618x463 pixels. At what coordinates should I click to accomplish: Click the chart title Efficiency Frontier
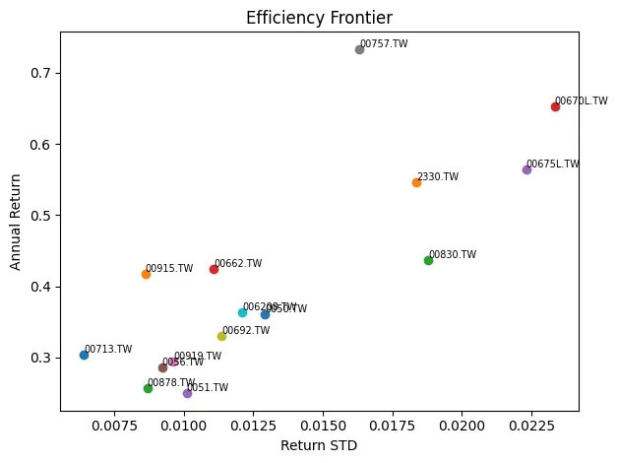(x=318, y=18)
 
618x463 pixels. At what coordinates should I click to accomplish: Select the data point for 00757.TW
(x=359, y=49)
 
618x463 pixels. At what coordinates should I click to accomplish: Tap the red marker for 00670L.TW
(x=555, y=106)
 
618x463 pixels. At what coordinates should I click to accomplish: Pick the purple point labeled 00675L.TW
(x=526, y=169)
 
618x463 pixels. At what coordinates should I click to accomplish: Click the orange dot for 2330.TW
(x=416, y=182)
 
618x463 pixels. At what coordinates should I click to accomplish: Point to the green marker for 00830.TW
(x=428, y=260)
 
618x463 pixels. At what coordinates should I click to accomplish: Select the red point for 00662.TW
(x=214, y=269)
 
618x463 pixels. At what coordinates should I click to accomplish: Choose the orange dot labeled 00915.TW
(x=146, y=274)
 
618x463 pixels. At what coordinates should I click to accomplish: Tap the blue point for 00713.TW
(x=84, y=355)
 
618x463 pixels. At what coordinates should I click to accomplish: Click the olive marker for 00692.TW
(x=221, y=336)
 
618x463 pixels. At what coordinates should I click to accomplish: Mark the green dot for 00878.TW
(x=148, y=388)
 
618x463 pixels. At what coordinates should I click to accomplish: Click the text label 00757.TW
(x=384, y=44)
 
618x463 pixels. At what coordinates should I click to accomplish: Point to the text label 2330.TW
(x=438, y=177)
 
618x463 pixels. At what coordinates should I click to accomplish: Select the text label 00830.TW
(x=453, y=255)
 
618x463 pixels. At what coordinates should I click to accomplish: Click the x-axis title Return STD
(x=318, y=445)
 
